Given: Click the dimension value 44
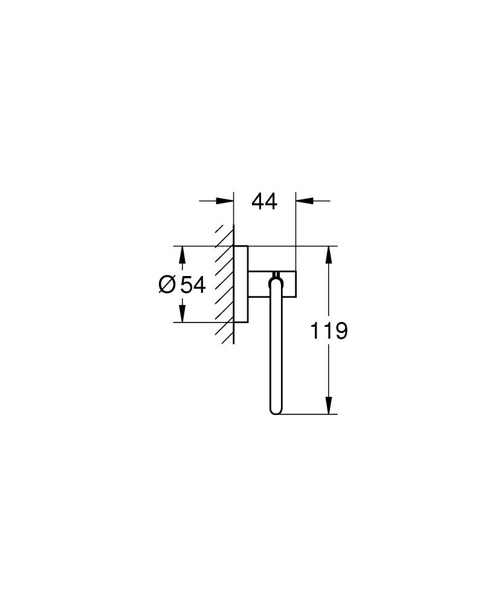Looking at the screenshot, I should click(264, 201).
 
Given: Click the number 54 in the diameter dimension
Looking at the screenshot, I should click(193, 284).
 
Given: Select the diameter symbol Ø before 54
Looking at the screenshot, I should click(167, 284).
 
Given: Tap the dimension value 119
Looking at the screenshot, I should click(329, 330).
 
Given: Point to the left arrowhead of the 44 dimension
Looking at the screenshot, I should click(227, 201).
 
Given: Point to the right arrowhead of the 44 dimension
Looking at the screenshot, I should click(303, 201).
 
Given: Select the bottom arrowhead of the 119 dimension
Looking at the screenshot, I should click(329, 406).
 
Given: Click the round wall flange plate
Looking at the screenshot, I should click(241, 284).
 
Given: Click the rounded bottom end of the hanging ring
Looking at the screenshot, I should click(276, 410).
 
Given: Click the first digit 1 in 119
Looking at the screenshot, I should click(315, 330).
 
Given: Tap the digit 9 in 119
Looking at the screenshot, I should click(341, 330).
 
